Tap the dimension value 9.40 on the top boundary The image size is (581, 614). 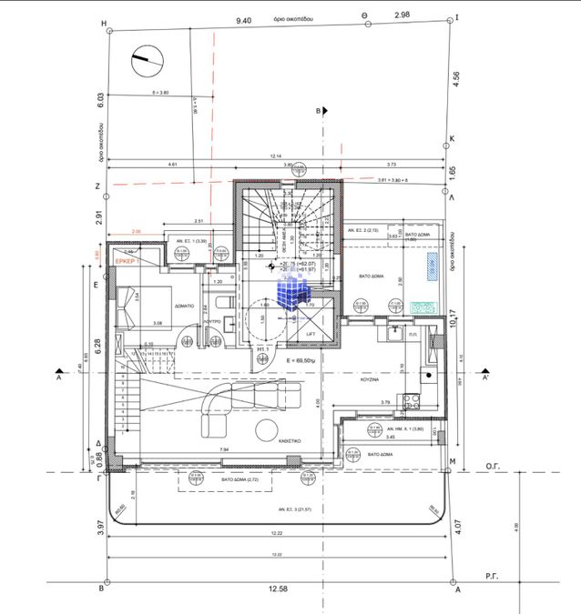pos(243,19)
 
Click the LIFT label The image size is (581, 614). pos(311,335)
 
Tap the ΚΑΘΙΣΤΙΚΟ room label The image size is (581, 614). pos(290,438)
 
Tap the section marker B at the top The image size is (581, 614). pos(318,110)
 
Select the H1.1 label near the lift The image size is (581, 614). pos(262,349)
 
